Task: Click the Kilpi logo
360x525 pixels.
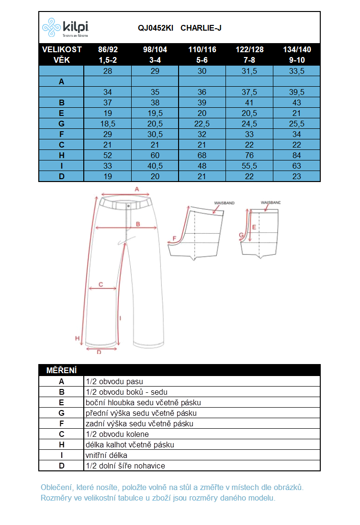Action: pos(65,27)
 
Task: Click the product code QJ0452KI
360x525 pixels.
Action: pos(156,28)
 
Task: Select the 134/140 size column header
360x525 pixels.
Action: pos(297,49)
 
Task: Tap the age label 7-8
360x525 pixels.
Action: pos(249,60)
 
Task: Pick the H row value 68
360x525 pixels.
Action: pos(202,155)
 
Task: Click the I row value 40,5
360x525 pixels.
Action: pos(155,166)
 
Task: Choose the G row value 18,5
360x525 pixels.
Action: pos(108,124)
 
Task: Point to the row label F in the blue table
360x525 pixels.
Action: pos(62,134)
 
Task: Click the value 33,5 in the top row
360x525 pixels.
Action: pos(297,71)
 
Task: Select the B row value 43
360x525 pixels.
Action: pos(297,103)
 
